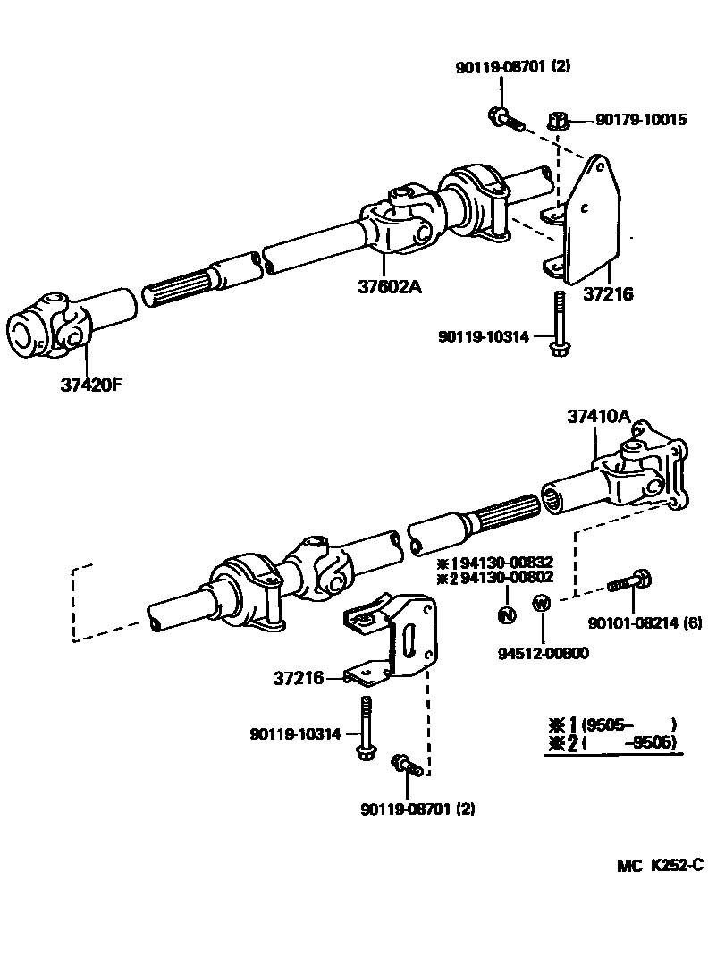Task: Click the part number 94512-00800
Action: pos(544,652)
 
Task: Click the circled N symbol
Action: pos(507,614)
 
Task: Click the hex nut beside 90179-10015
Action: pos(555,119)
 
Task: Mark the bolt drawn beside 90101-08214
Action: pos(629,582)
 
